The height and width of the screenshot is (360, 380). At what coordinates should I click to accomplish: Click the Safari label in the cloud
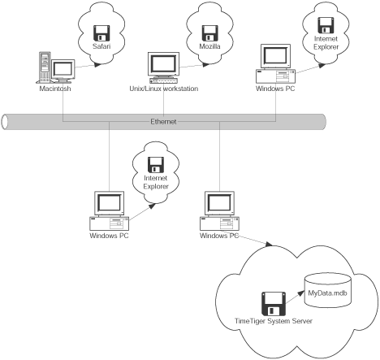[101, 46]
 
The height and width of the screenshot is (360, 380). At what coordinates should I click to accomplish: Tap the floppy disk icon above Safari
[101, 33]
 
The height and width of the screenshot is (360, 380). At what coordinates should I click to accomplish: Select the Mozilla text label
[209, 46]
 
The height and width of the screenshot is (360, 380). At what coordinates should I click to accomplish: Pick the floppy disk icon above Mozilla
[210, 33]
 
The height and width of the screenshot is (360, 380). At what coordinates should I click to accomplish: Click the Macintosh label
[55, 89]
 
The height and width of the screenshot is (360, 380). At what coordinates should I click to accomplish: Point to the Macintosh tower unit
[45, 67]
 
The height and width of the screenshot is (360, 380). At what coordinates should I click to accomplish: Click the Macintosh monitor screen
[63, 69]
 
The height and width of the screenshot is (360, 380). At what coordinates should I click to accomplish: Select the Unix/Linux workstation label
[164, 89]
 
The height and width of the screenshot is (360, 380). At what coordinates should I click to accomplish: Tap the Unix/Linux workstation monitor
[163, 64]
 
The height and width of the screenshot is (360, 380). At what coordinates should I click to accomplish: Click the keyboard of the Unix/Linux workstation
[163, 80]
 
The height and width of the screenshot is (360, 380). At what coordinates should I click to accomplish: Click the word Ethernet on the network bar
[163, 122]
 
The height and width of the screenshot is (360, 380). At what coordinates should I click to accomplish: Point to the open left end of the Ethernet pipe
[5, 122]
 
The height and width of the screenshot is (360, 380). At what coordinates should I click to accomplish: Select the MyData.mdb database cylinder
[328, 290]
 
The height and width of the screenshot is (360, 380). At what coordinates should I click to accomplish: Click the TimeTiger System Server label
[274, 321]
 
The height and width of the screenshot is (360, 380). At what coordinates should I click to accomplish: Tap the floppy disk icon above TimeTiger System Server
[274, 304]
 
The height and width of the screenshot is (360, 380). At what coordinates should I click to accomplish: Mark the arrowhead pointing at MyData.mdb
[301, 293]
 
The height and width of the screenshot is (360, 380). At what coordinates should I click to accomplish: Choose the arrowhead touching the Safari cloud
[98, 64]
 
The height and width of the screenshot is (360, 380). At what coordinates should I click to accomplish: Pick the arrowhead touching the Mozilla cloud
[206, 64]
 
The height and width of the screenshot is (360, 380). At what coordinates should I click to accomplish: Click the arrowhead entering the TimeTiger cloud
[269, 244]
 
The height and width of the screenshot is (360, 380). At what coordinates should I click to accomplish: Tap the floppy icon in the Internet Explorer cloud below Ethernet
[156, 164]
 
